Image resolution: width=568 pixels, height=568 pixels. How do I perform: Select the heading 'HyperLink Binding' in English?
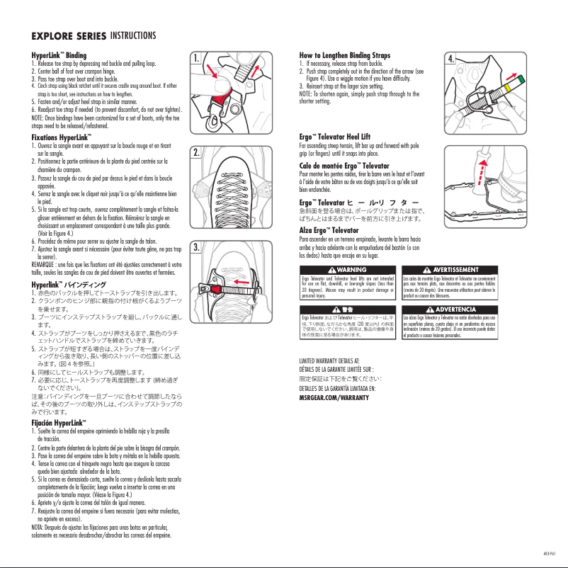pyautogui.click(x=59, y=55)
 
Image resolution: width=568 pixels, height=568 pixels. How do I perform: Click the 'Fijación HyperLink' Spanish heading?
pyautogui.click(x=59, y=423)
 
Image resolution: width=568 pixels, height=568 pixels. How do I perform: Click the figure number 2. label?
pyautogui.click(x=199, y=152)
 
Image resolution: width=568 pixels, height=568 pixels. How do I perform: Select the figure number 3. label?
pyautogui.click(x=199, y=247)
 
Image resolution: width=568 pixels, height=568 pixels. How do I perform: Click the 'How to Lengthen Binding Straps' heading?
pyautogui.click(x=345, y=55)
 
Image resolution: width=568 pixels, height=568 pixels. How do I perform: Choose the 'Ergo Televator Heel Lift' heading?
pyautogui.click(x=335, y=136)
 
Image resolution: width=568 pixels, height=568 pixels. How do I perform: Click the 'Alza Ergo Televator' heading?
pyautogui.click(x=329, y=230)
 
